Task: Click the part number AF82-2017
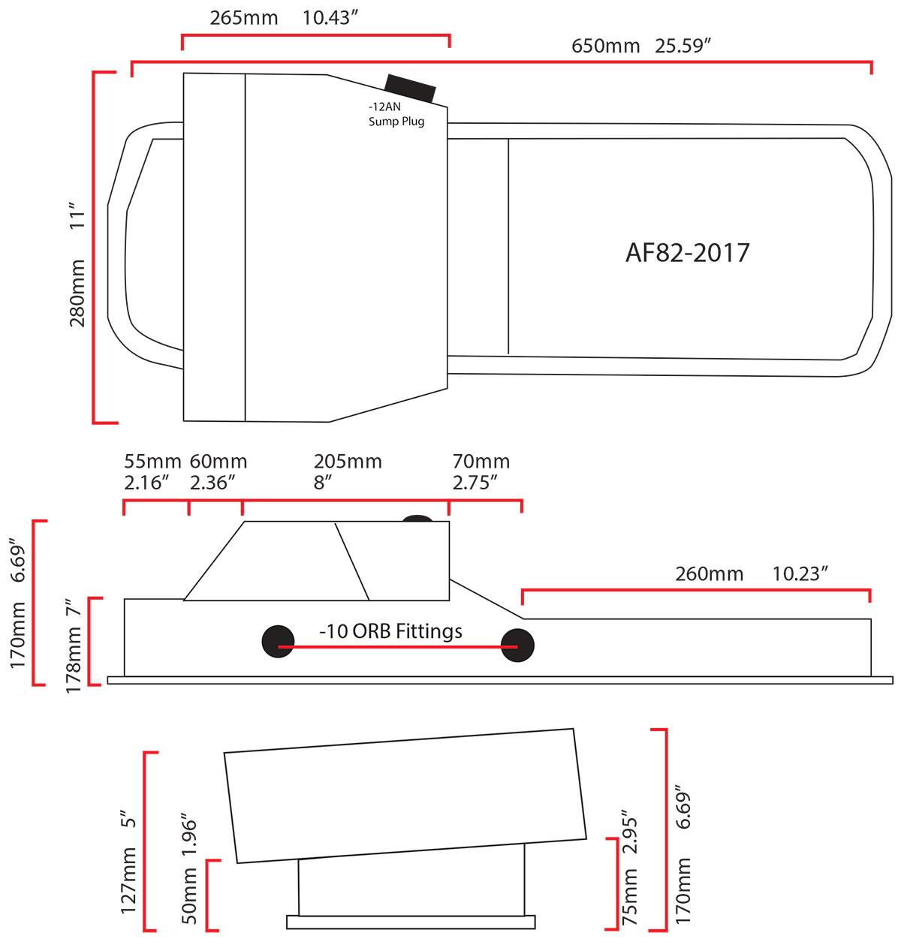(x=687, y=253)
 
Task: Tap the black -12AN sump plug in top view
(x=410, y=89)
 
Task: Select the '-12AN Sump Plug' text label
(x=396, y=115)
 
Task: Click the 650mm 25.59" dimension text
(x=641, y=46)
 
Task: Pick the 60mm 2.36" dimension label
(x=218, y=471)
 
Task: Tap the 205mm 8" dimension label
(x=347, y=471)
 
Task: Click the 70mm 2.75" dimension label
(x=481, y=471)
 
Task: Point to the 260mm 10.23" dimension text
(x=751, y=574)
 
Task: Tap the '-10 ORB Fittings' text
(x=390, y=632)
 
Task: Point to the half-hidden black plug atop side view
(x=417, y=519)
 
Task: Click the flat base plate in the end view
(x=411, y=922)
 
